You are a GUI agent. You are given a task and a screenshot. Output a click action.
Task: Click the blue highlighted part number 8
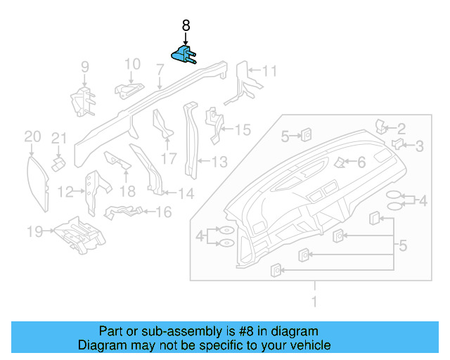point(185,56)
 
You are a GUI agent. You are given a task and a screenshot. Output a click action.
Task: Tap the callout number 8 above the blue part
point(186,25)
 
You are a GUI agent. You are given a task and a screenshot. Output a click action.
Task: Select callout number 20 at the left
point(32,136)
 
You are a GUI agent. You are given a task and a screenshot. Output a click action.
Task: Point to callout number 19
point(34,230)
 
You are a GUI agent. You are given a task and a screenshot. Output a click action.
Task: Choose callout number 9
point(84,67)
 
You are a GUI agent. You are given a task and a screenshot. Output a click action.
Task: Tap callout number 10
point(133,65)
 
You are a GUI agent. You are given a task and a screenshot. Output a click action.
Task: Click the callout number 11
point(270,70)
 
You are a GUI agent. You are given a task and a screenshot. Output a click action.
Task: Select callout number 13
point(219,162)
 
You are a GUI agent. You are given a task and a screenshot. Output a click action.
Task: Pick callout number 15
point(242,129)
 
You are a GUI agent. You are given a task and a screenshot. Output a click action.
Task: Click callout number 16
point(163,211)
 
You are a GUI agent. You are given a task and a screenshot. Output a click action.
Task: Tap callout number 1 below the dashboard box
point(314,302)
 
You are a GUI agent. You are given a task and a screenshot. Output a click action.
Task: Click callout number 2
point(401,128)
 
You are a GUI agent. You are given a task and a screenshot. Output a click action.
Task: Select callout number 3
point(419,146)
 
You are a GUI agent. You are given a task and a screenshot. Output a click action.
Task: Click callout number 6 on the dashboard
point(361,162)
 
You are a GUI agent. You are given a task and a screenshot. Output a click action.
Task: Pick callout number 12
point(65,191)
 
